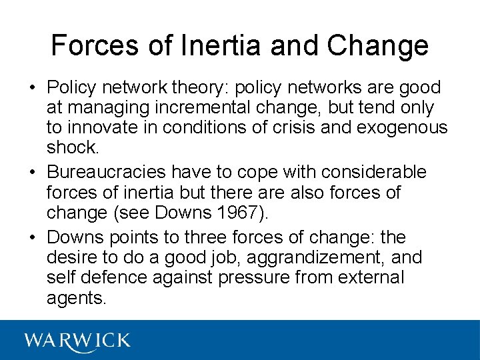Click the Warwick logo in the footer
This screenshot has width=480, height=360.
coord(77,341)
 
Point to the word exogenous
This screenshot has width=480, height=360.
coord(402,128)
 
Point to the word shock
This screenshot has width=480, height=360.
coord(71,148)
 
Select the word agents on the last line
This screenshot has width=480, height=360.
coord(75,297)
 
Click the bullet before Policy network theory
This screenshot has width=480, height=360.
coord(31,88)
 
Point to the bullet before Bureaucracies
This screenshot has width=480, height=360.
coord(31,172)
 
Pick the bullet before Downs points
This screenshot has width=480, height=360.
coord(31,237)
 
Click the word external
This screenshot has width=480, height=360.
coord(371,277)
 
